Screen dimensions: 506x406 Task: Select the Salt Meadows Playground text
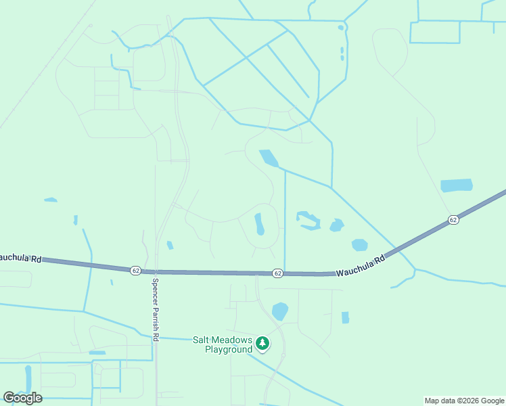[x=223, y=344]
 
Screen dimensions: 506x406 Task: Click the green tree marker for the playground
[x=262, y=344]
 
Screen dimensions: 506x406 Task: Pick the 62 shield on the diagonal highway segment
[x=453, y=220]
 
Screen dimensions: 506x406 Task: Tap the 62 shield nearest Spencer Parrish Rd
[x=136, y=270]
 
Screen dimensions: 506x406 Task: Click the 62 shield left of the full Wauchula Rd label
[x=277, y=273]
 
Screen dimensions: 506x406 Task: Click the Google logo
[x=22, y=398]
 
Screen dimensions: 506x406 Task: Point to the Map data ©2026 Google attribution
[x=464, y=401]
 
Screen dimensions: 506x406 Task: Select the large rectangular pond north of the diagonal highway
[x=457, y=185]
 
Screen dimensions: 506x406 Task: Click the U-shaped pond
[x=308, y=220]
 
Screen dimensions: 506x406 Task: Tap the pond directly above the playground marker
[x=280, y=311]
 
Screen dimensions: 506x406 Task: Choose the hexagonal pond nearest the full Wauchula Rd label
[x=360, y=244]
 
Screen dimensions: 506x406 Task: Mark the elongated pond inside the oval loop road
[x=259, y=224]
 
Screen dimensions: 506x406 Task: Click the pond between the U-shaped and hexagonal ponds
[x=336, y=225]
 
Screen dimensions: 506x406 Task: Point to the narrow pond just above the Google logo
[x=28, y=378]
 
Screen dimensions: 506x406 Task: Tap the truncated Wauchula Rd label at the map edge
[x=21, y=258]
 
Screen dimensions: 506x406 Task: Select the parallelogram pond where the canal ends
[x=269, y=158]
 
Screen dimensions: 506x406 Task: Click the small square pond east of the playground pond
[x=345, y=317]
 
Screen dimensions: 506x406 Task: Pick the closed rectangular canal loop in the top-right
[x=435, y=32]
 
